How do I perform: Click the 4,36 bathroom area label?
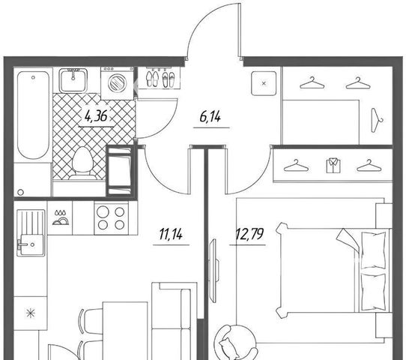point(96,116)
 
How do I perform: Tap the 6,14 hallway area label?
point(210,117)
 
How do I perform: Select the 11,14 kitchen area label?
point(171,234)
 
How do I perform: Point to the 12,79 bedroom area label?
point(249,234)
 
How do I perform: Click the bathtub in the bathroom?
point(33,115)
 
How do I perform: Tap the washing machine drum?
point(118,82)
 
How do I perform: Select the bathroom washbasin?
point(73,80)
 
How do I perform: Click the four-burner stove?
point(111,218)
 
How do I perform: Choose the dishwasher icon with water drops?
point(61,217)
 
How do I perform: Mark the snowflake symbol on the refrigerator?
point(31,313)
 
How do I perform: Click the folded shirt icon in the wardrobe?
point(333,165)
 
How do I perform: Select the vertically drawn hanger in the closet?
point(377,120)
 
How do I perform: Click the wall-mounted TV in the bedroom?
point(214,271)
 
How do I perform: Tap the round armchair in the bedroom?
point(236,342)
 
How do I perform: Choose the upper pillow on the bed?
point(373,250)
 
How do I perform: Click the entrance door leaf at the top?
point(240,30)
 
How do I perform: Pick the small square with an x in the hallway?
point(264,83)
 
